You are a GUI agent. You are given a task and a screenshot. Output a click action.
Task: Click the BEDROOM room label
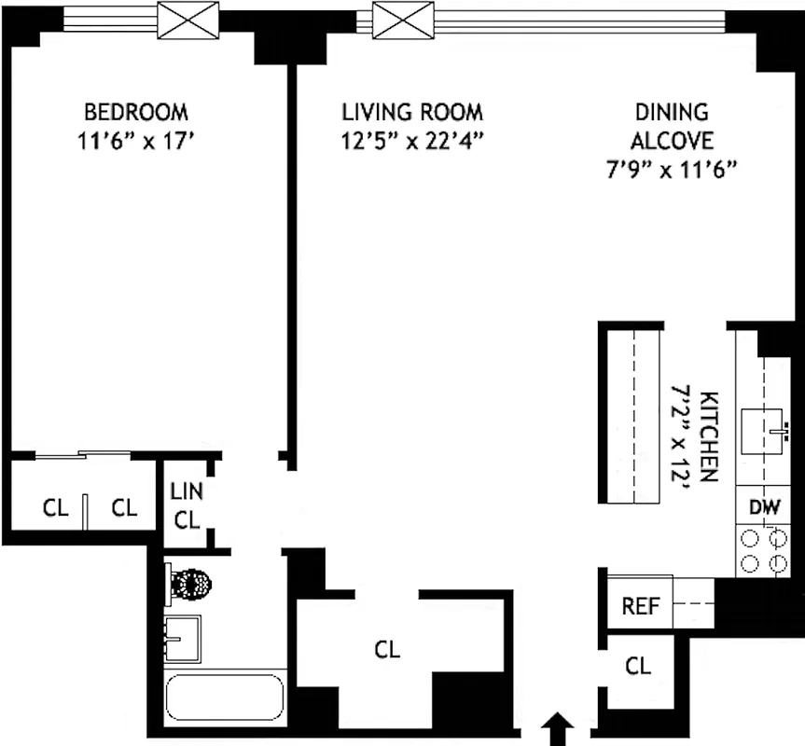point(136,113)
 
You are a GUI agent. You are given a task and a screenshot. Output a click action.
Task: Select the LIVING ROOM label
point(412,113)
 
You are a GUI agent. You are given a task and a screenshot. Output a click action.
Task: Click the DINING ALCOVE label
point(672,127)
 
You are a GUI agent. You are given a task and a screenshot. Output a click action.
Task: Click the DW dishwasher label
point(764,509)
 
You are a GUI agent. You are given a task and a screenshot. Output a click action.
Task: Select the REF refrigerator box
point(640,606)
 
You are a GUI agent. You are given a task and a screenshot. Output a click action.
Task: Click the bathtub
point(224,698)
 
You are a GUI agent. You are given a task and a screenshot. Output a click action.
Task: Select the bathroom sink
point(183,637)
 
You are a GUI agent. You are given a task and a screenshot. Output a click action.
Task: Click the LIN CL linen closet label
point(187,504)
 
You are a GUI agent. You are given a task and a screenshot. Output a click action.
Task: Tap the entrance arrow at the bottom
point(558,728)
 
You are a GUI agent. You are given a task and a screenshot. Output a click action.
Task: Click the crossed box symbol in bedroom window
point(187,20)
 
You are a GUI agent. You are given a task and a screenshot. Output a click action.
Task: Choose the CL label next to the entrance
point(637,666)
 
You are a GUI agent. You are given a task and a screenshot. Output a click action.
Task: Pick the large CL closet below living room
point(387,649)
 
